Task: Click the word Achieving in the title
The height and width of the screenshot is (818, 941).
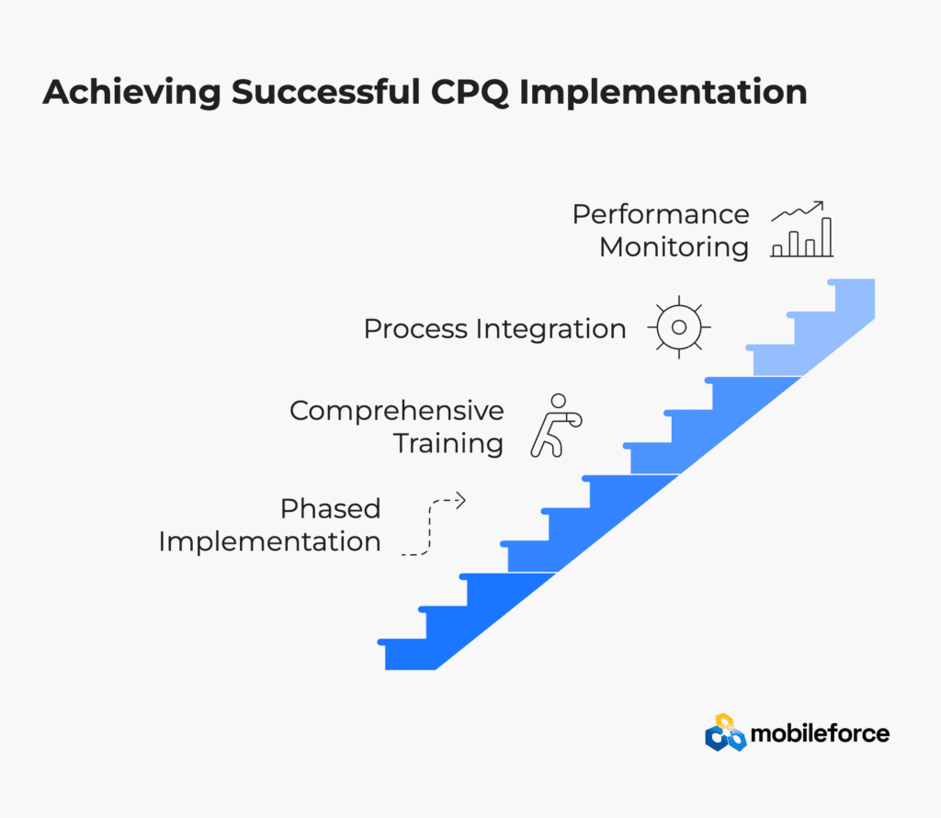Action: click(132, 94)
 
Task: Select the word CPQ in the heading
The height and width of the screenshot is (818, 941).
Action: click(470, 93)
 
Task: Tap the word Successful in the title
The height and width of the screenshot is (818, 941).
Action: click(326, 92)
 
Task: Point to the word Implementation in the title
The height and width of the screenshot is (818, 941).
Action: click(663, 94)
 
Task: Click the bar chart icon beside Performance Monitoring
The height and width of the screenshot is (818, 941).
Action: click(802, 229)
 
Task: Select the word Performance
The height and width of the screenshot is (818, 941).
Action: click(661, 214)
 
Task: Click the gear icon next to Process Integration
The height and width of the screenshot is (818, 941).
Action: click(679, 327)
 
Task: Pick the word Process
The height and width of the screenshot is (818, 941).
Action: click(415, 329)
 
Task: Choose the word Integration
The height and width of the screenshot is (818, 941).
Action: click(551, 330)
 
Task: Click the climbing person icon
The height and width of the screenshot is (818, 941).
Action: click(556, 426)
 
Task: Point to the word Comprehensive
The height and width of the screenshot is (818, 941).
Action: click(397, 412)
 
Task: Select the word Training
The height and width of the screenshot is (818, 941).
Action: click(448, 445)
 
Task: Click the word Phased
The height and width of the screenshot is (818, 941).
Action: click(331, 509)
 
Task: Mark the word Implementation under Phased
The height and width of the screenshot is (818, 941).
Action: click(269, 542)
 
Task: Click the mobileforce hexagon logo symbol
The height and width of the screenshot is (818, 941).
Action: click(726, 733)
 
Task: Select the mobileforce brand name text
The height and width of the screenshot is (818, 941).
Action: click(820, 733)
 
